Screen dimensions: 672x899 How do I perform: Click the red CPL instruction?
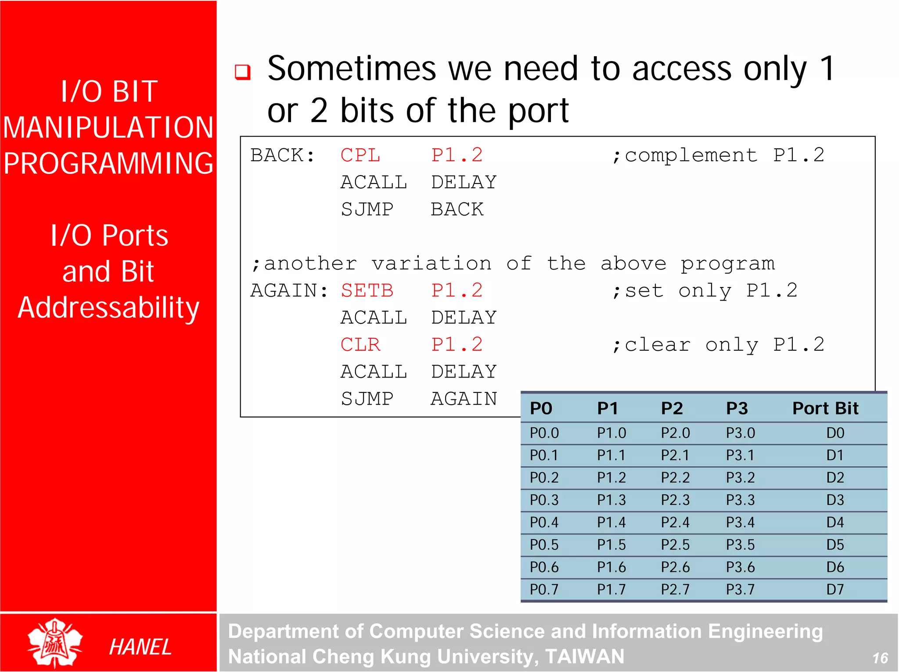pyautogui.click(x=360, y=155)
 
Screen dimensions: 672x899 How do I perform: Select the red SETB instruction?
pyautogui.click(x=367, y=291)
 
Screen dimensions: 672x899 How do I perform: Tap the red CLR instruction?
pyautogui.click(x=360, y=345)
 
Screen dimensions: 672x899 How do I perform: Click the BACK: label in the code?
pyautogui.click(x=282, y=155)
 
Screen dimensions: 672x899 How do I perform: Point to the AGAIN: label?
pyautogui.click(x=289, y=291)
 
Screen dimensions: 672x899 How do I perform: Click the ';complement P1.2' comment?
pyautogui.click(x=718, y=155)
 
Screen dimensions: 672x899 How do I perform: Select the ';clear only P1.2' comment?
pyautogui.click(x=718, y=345)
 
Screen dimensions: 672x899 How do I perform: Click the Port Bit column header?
pyautogui.click(x=825, y=408)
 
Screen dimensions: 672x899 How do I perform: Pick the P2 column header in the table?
pyautogui.click(x=672, y=408)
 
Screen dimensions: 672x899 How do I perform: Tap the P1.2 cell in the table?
pyautogui.click(x=611, y=478)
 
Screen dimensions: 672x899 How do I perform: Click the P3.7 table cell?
pyautogui.click(x=740, y=589)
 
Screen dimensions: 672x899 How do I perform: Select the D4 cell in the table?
pyautogui.click(x=835, y=522)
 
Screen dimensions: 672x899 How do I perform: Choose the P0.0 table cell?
pyautogui.click(x=544, y=433)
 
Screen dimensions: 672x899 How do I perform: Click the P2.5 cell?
pyautogui.click(x=675, y=545)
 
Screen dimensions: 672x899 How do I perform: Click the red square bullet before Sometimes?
pyautogui.click(x=243, y=72)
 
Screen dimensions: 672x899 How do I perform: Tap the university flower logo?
pyautogui.click(x=54, y=643)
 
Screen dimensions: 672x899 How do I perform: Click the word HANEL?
pyautogui.click(x=140, y=647)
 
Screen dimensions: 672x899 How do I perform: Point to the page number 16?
pyautogui.click(x=880, y=658)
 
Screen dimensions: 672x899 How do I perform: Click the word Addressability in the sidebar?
pyautogui.click(x=108, y=307)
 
